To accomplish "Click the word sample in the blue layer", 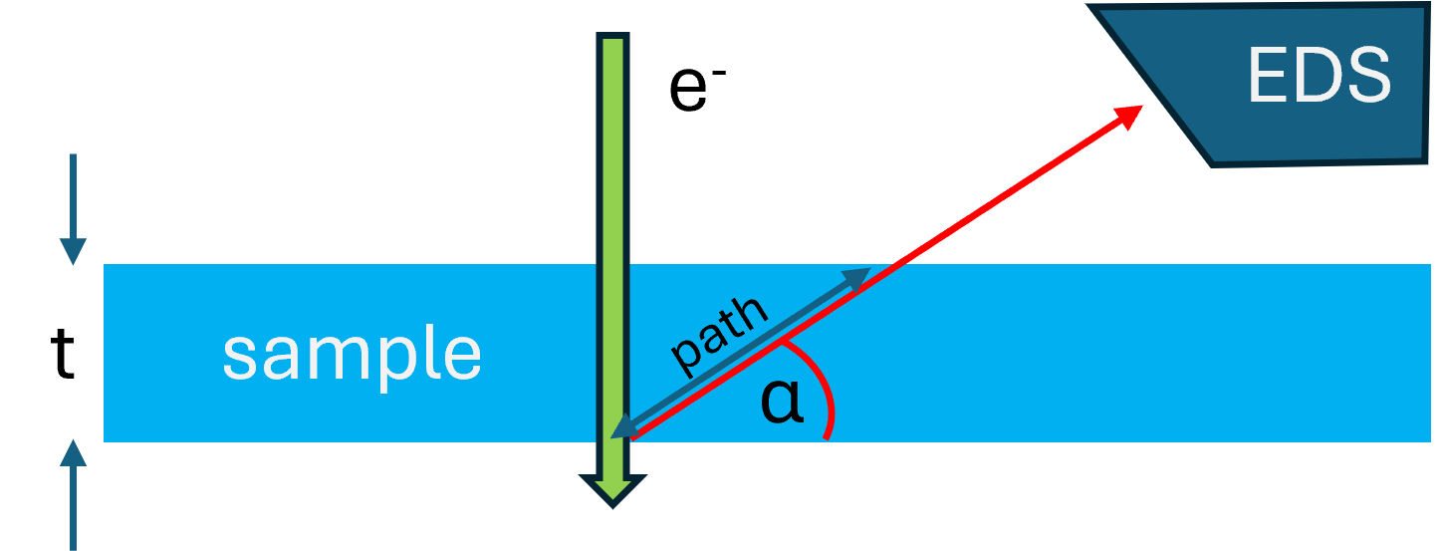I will pyautogui.click(x=352, y=354).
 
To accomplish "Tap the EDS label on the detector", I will pyautogui.click(x=1318, y=76).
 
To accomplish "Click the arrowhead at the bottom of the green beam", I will pyautogui.click(x=613, y=489).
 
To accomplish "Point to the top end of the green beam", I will pyautogui.click(x=613, y=42).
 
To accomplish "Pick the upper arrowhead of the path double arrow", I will pyautogui.click(x=856, y=278).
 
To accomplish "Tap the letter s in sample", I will pyautogui.click(x=240, y=356).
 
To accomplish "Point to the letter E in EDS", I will pyautogui.click(x=1266, y=76).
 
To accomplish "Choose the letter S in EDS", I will pyautogui.click(x=1368, y=76).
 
